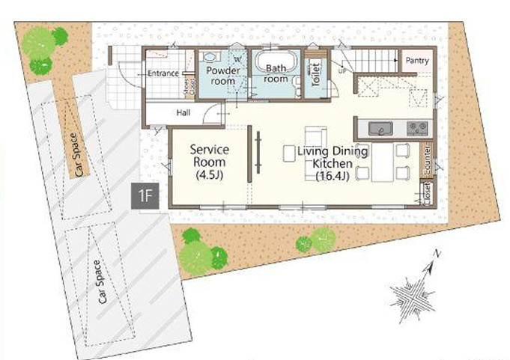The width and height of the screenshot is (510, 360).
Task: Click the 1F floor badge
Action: pos(146,196)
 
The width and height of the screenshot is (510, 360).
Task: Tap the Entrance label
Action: pos(163,73)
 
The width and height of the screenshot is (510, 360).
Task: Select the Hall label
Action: pos(183,114)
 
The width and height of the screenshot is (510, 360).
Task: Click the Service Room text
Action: pos(210,156)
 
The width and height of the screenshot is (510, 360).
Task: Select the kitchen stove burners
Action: pos(416,128)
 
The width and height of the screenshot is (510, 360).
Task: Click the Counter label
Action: pos(427,157)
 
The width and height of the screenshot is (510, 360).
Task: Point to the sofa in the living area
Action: pos(315,139)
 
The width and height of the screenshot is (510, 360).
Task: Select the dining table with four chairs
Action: pos(383,162)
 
